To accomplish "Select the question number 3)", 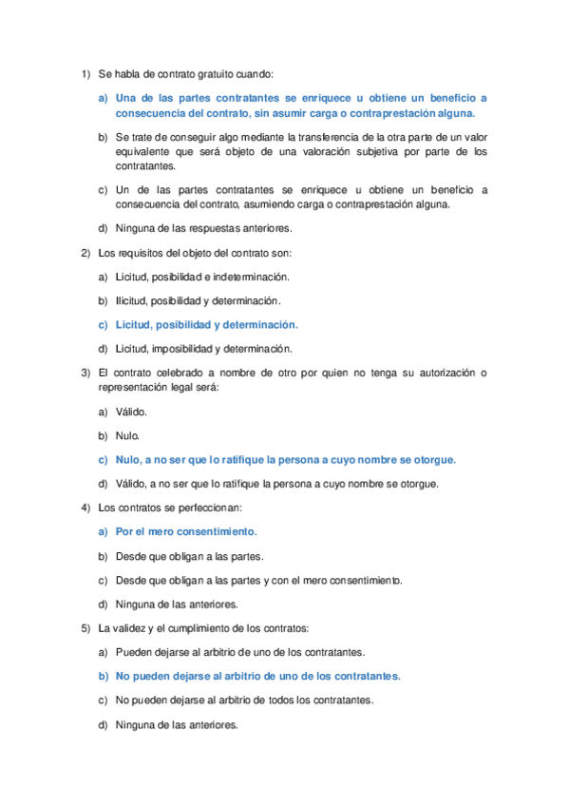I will pyautogui.click(x=84, y=372).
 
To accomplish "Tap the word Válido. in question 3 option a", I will pyautogui.click(x=132, y=412).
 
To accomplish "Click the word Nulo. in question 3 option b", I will pyautogui.click(x=128, y=435).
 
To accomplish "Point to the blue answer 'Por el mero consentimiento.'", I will pyautogui.click(x=186, y=532).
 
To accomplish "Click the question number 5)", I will pyautogui.click(x=84, y=628).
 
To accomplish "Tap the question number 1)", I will pyautogui.click(x=84, y=73).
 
